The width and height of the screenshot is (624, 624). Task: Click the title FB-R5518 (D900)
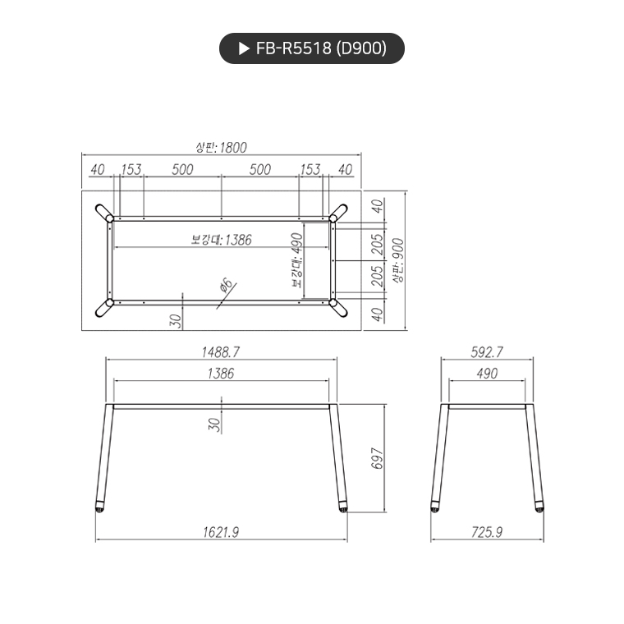pyautogui.click(x=320, y=48)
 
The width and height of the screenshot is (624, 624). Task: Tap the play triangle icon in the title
pyautogui.click(x=243, y=48)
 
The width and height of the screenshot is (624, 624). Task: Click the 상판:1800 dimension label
pyautogui.click(x=221, y=147)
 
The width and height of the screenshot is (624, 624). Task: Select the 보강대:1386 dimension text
pyautogui.click(x=221, y=240)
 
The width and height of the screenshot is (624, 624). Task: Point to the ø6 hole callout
pyautogui.click(x=227, y=288)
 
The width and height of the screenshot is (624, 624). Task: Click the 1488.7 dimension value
pyautogui.click(x=221, y=351)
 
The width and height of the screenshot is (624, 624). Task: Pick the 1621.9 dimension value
pyautogui.click(x=221, y=532)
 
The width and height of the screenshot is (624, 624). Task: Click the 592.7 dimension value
pyautogui.click(x=487, y=351)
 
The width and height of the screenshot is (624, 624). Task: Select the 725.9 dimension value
pyautogui.click(x=487, y=532)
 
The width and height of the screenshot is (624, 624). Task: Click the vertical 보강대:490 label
pyautogui.click(x=296, y=259)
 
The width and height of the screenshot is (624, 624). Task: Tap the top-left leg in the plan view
pyautogui.click(x=104, y=212)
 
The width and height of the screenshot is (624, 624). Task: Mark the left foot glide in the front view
pyautogui.click(x=99, y=507)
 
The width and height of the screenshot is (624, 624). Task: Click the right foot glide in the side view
pyautogui.click(x=540, y=507)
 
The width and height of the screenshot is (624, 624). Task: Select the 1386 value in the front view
pyautogui.click(x=221, y=374)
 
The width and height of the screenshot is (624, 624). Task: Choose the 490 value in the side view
pyautogui.click(x=487, y=374)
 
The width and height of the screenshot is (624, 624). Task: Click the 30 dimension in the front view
pyautogui.click(x=214, y=424)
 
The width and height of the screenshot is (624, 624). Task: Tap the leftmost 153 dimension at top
pyautogui.click(x=131, y=170)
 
